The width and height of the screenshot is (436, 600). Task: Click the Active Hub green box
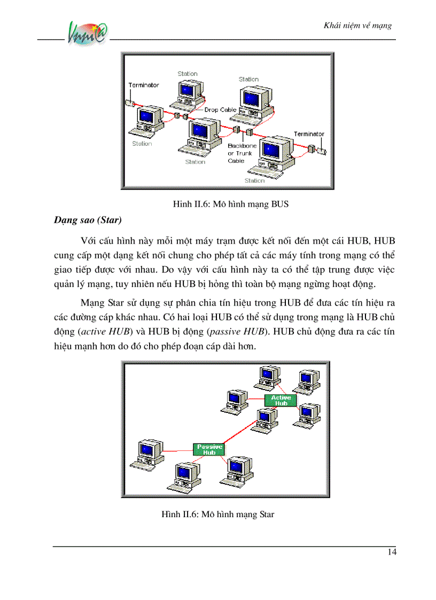281,400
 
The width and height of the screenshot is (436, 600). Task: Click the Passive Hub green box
209,449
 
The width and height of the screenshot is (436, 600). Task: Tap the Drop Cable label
220,110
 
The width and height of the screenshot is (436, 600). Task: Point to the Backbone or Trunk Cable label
242,153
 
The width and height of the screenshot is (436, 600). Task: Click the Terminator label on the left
143,85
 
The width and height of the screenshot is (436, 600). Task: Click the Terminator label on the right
308,134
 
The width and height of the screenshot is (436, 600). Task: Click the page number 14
392,552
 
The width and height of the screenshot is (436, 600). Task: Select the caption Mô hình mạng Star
217,515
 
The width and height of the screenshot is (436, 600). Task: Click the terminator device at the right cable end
321,151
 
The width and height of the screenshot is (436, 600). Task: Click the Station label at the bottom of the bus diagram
254,181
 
